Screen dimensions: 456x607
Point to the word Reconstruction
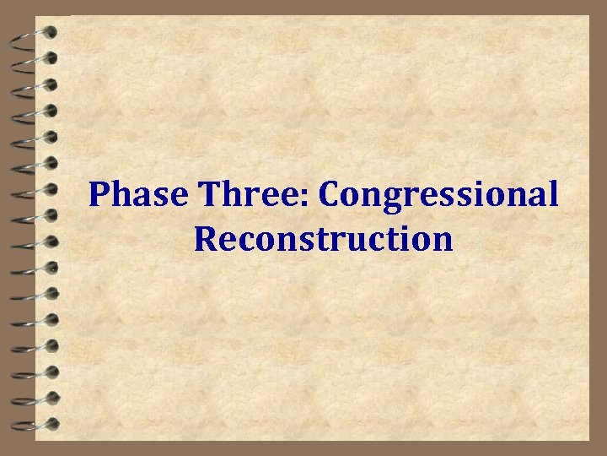click(323, 238)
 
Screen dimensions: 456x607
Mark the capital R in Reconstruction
click(205, 238)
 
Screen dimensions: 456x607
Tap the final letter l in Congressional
click(552, 194)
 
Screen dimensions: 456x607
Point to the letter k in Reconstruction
click(323, 238)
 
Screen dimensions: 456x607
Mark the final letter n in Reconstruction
click(443, 241)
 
